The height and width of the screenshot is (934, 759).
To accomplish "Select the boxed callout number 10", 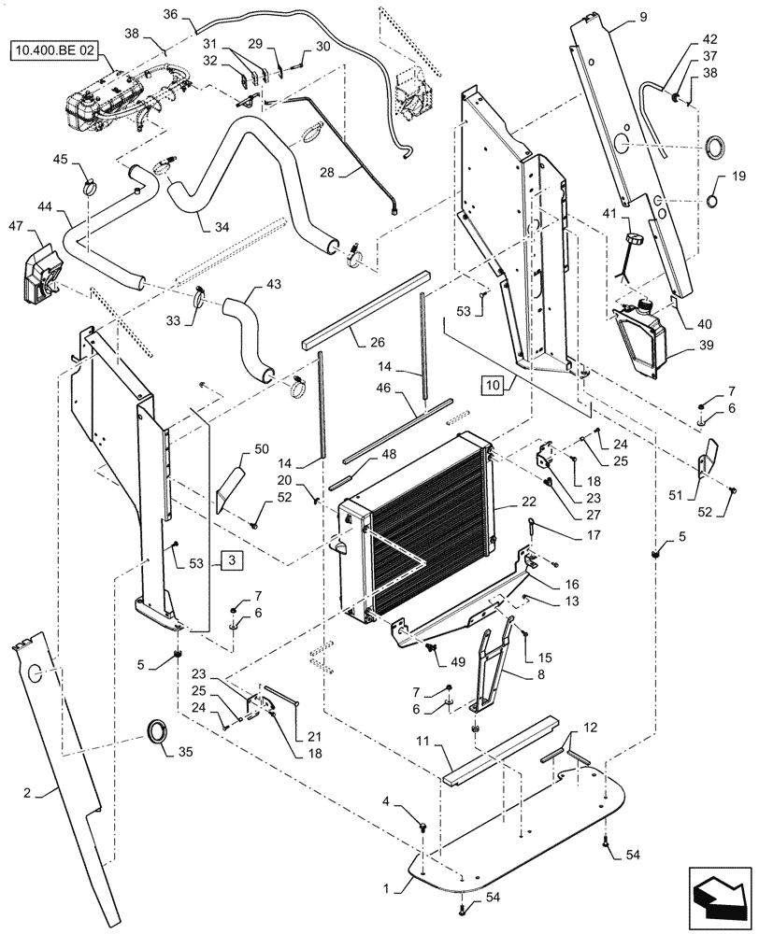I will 493,384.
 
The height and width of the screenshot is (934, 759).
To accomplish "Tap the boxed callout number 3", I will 232,560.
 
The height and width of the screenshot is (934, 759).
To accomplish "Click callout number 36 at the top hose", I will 170,14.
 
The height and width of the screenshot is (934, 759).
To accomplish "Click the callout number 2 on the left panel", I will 27,794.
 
